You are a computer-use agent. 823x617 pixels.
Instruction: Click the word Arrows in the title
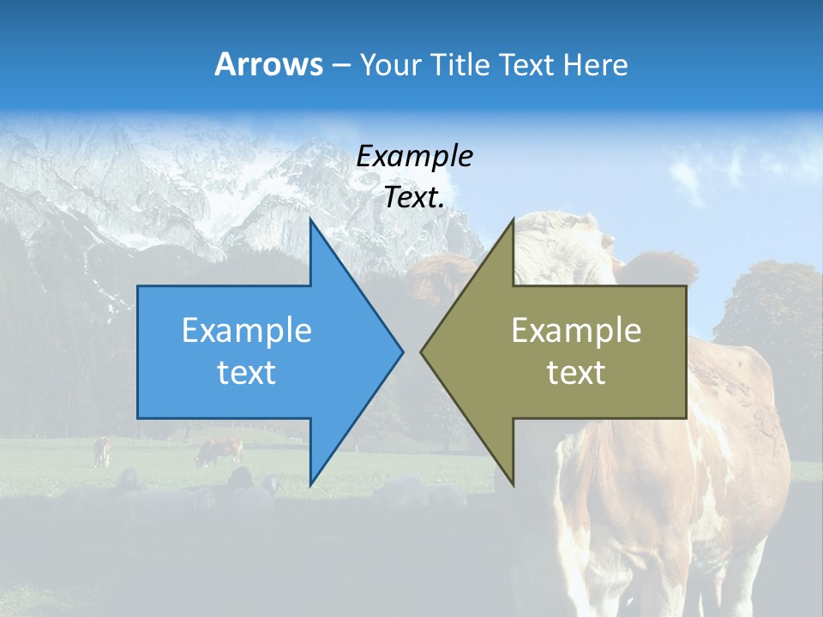coord(268,64)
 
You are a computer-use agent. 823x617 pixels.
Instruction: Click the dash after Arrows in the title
coord(340,65)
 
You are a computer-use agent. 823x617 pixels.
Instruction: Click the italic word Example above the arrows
coord(414,156)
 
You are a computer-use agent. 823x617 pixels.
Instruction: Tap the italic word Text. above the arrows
coord(414,197)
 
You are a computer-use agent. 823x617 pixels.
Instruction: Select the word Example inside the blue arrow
coord(247,330)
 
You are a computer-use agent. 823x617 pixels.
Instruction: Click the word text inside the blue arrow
coord(247,373)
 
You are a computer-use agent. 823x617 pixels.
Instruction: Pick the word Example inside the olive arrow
coord(576,330)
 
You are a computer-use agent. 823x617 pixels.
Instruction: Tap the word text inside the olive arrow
coord(576,373)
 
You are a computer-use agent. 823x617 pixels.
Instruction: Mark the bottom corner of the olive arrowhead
coord(512,483)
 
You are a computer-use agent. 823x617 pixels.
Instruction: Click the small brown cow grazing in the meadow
coord(219,451)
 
